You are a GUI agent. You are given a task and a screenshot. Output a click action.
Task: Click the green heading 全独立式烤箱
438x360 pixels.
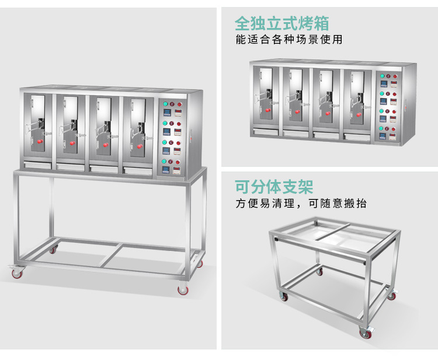coord(281,24)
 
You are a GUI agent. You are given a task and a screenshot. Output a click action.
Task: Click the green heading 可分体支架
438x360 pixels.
coord(274,187)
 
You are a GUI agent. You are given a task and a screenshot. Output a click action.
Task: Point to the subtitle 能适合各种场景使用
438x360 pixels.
coord(288,40)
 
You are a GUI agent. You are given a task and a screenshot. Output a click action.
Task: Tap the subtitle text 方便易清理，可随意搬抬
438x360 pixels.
coord(301,204)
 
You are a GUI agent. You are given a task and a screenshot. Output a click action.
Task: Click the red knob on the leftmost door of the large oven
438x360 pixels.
coord(40,141)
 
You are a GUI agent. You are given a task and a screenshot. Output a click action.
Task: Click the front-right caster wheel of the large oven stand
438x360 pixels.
coord(182,288)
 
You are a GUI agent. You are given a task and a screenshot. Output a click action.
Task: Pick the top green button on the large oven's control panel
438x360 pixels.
coord(165,104)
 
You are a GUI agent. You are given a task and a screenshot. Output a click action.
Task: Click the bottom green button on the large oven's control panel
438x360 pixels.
coord(165,162)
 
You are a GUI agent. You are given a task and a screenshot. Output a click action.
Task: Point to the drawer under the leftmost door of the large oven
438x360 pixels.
coord(38,166)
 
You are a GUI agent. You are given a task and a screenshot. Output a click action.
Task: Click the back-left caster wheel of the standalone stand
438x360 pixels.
coord(318,272)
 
